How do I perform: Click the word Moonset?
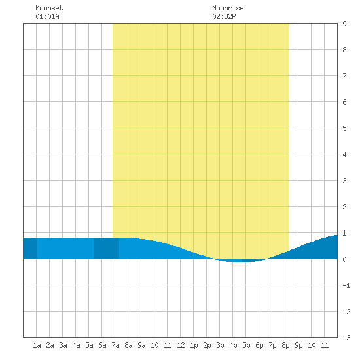[49, 8]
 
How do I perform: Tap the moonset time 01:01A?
[47, 16]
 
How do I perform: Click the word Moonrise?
[228, 8]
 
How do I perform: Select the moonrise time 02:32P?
[224, 16]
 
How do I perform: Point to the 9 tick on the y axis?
[344, 24]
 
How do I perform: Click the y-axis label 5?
[344, 128]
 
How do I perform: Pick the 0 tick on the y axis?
[344, 259]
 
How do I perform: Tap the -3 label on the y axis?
[346, 338]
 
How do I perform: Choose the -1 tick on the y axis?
[346, 285]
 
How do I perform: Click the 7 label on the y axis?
[344, 76]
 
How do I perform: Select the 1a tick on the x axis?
[37, 345]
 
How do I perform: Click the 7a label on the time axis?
[115, 345]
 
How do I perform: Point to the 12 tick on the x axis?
[181, 345]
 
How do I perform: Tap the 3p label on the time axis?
[220, 345]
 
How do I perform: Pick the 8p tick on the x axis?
[285, 345]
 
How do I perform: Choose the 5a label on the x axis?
[89, 345]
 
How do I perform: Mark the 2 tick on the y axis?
[344, 207]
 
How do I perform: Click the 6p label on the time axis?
[259, 345]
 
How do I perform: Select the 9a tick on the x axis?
[141, 345]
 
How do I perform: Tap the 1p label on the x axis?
[194, 345]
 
